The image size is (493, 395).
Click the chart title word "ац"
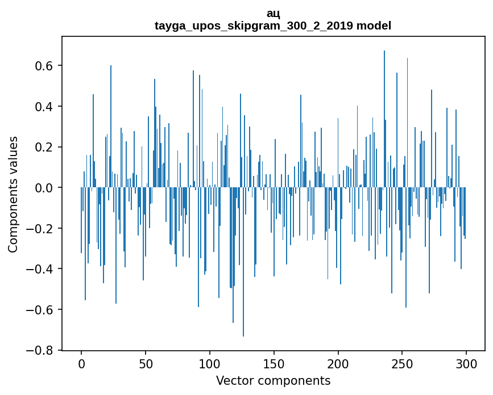click(273, 14)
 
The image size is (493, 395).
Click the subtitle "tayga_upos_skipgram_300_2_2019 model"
click(273, 26)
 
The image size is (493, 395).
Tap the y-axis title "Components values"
click(13, 194)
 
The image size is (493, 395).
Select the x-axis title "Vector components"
click(273, 380)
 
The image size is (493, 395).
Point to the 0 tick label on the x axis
click(81, 363)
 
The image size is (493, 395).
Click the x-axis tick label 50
click(146, 363)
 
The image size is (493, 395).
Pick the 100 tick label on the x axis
click(210, 363)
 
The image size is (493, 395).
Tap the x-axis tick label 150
click(274, 363)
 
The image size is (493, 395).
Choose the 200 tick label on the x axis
click(338, 363)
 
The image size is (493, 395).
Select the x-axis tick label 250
click(403, 363)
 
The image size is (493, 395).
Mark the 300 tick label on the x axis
click(467, 363)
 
